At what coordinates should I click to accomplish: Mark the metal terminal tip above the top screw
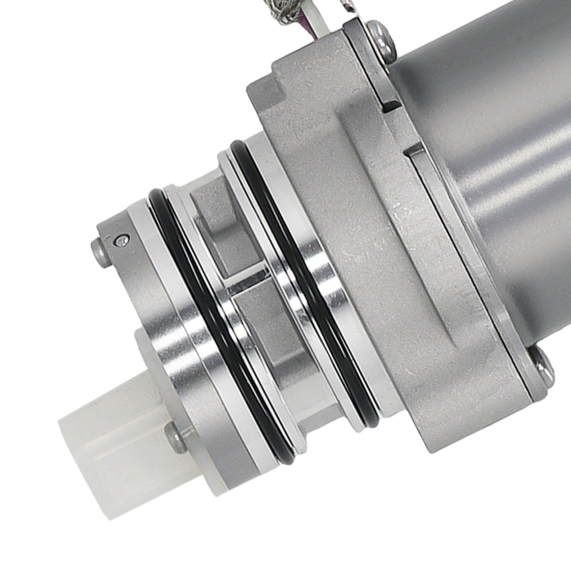(x=349, y=6)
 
